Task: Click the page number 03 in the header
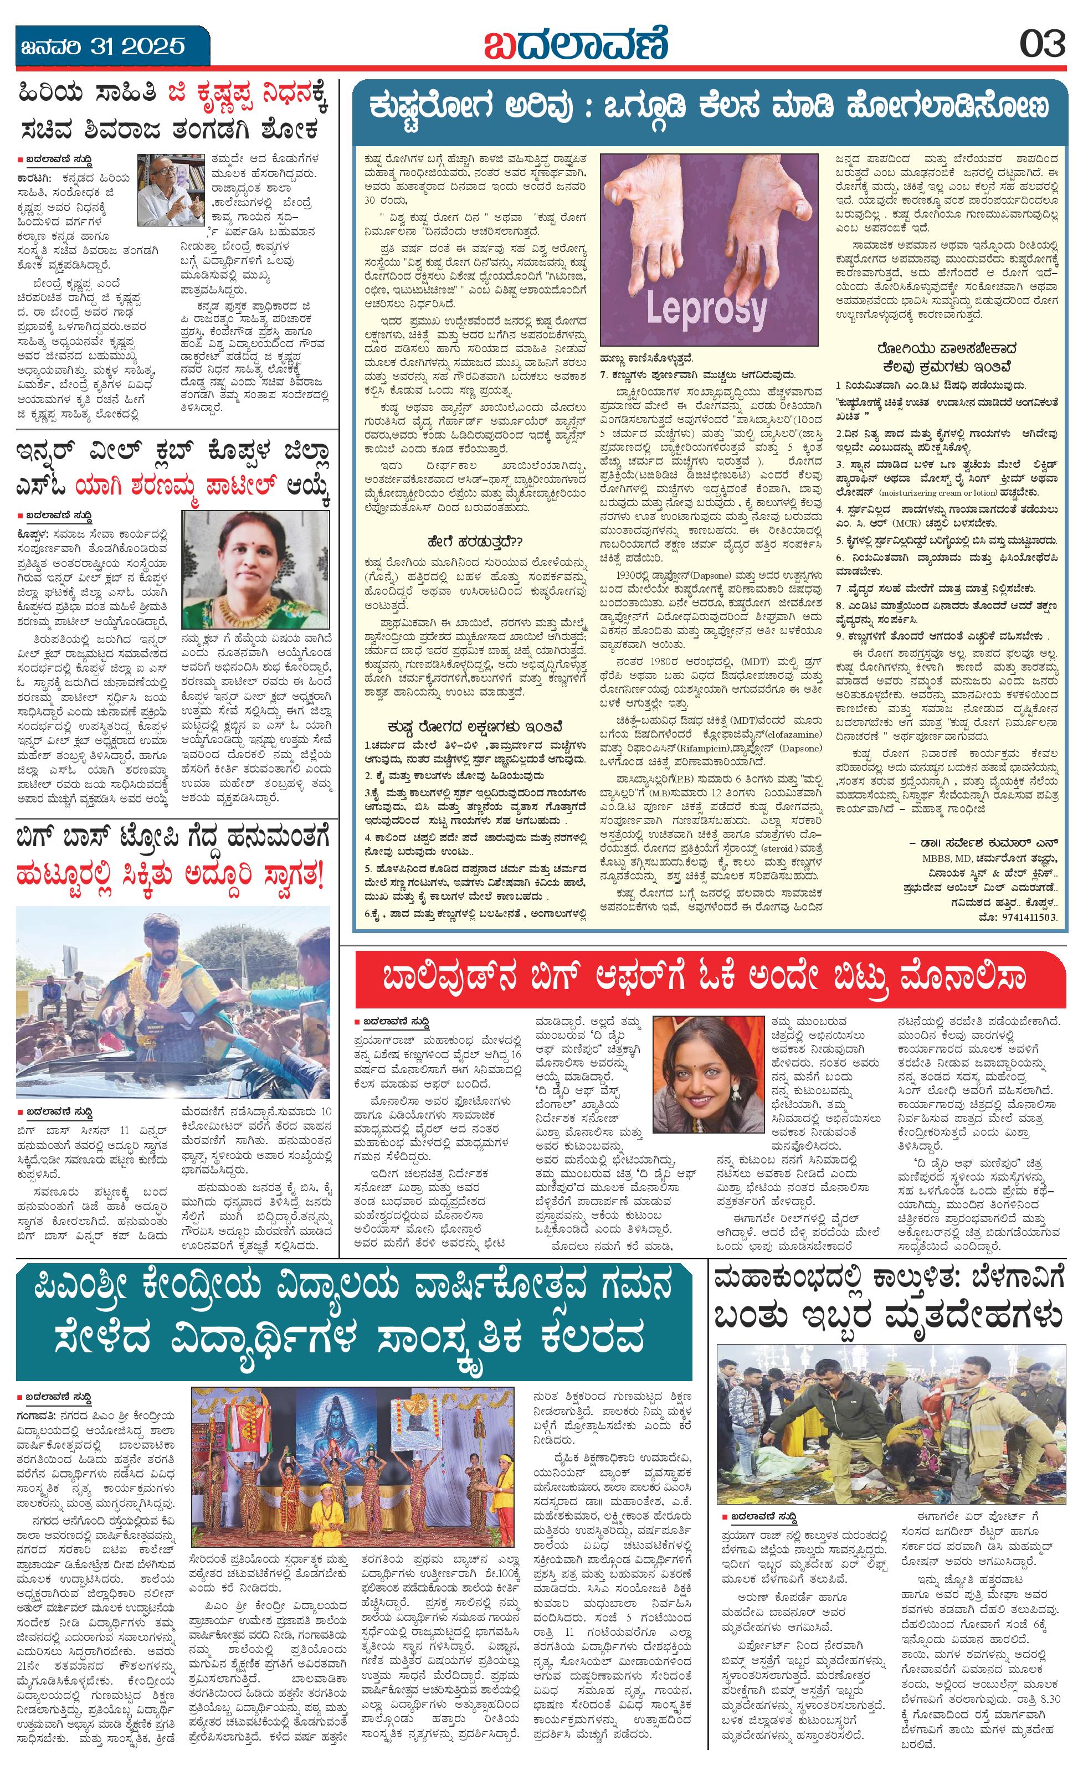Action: (x=1043, y=44)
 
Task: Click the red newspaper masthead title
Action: (x=575, y=44)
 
